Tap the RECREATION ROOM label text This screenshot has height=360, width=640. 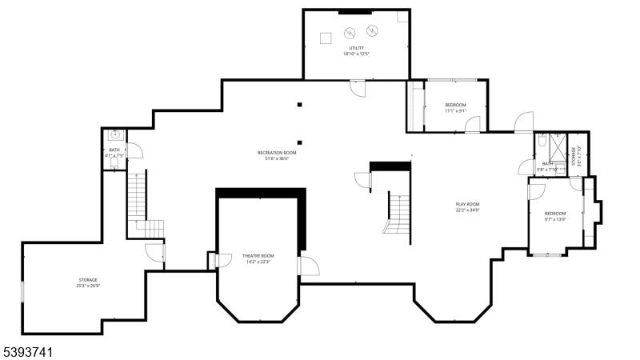click(277, 152)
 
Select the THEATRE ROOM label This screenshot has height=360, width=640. click(258, 256)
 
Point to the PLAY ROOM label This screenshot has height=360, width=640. click(467, 204)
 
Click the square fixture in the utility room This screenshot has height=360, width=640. click(326, 38)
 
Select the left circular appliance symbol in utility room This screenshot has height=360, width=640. click(350, 33)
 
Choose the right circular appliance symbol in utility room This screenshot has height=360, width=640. click(371, 31)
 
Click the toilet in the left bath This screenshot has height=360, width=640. click(114, 162)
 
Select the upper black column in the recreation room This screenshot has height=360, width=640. click(299, 104)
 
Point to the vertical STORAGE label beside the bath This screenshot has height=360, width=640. click(574, 154)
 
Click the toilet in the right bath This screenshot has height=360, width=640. click(542, 140)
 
